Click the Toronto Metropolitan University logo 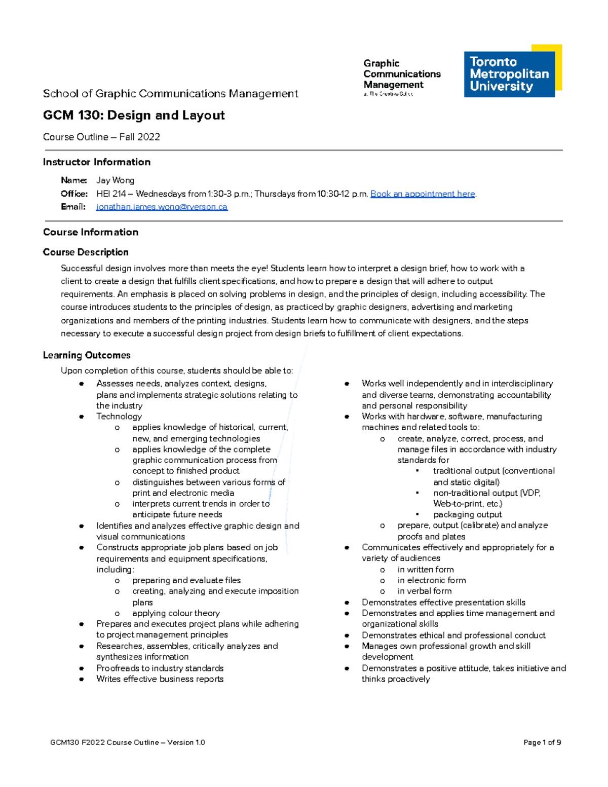(512, 71)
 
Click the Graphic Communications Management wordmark (401, 74)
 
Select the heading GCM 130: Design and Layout (134, 116)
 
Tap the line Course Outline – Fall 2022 (101, 137)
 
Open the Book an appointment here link (423, 194)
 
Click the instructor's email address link (162, 207)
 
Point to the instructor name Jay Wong (115, 180)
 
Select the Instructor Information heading (97, 162)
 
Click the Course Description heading (86, 252)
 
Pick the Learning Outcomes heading (87, 355)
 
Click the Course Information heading (91, 232)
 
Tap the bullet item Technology (119, 417)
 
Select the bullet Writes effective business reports (160, 679)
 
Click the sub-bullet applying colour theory (176, 613)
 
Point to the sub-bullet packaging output (467, 514)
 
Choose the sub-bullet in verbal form (424, 591)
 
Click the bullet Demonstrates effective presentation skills (443, 603)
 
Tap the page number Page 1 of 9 (542, 742)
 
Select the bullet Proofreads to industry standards (160, 668)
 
